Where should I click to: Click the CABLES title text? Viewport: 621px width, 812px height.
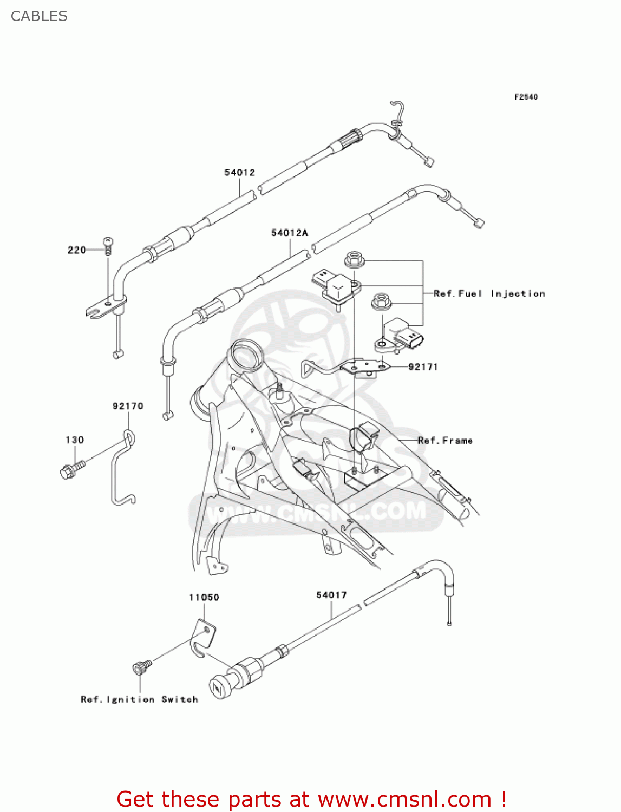[39, 16]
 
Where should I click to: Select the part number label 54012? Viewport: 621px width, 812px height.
[239, 173]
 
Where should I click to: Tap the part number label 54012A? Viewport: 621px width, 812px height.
[289, 233]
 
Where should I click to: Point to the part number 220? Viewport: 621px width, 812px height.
[76, 250]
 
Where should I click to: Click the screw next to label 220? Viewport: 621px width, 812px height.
[108, 246]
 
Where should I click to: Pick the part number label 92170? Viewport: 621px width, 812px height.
[128, 406]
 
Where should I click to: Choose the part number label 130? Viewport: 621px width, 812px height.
[75, 440]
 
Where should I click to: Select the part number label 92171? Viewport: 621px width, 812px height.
[423, 367]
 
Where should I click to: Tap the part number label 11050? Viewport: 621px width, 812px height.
[204, 597]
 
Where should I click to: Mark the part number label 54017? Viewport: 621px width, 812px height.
[331, 595]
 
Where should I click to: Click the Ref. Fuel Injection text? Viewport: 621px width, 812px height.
[489, 293]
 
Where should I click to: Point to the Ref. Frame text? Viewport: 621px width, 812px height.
[445, 441]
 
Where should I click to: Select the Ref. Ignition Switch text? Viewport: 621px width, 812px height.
[139, 699]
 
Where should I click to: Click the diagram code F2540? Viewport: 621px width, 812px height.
[526, 97]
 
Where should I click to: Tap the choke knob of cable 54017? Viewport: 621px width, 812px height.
[219, 687]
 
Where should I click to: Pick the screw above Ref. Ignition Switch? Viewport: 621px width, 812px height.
[141, 668]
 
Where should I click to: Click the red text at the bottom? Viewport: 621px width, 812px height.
[311, 799]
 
